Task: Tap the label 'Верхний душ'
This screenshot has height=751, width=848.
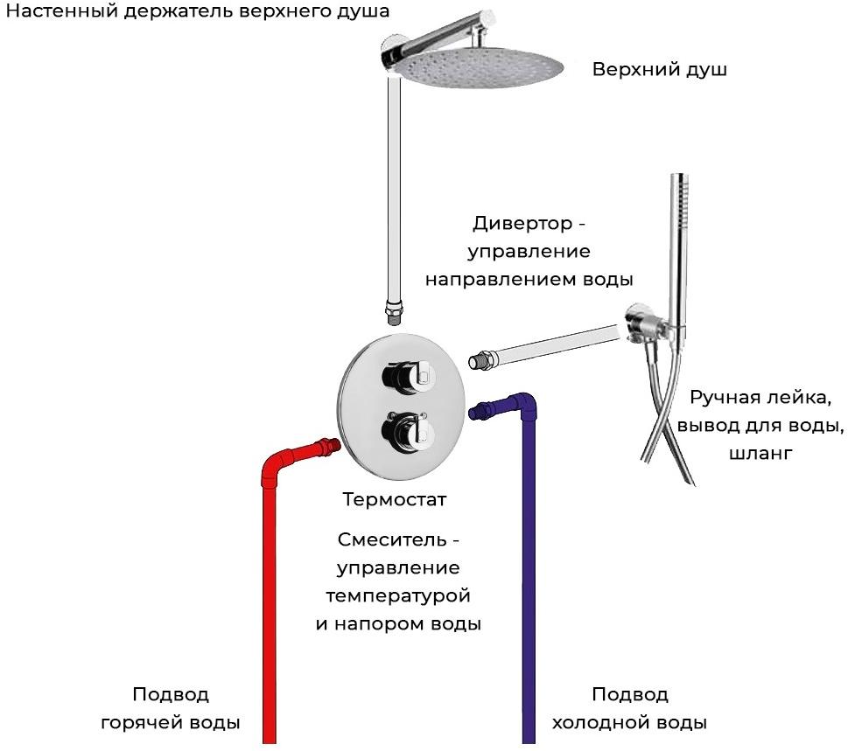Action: click(659, 70)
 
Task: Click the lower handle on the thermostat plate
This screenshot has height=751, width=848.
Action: click(405, 431)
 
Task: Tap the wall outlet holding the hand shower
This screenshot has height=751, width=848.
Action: click(640, 324)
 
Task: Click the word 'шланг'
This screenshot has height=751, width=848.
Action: click(760, 453)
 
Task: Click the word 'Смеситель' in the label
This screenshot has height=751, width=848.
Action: click(392, 539)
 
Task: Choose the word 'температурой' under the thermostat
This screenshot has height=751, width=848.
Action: click(398, 596)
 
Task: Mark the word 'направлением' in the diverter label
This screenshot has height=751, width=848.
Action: click(494, 280)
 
